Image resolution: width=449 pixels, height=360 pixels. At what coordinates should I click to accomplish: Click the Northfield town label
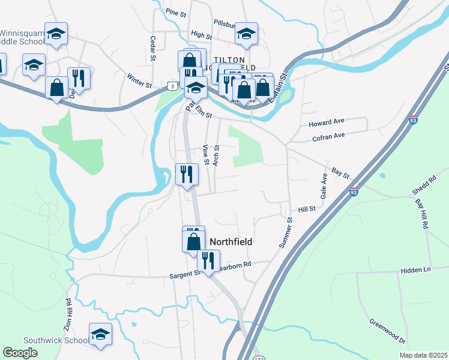(x=230, y=241)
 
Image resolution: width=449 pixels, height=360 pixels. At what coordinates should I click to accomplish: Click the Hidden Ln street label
(x=415, y=271)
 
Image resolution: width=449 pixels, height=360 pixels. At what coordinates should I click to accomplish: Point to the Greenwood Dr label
(x=388, y=331)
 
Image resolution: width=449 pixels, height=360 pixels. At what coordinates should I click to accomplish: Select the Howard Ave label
(x=327, y=124)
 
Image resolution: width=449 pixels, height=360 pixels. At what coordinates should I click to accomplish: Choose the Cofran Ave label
(x=328, y=137)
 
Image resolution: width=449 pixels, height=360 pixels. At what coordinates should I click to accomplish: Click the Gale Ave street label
(x=324, y=186)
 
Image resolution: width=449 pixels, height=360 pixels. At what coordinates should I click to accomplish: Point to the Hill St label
(x=307, y=210)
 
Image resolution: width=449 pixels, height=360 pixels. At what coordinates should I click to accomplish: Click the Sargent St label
(x=185, y=274)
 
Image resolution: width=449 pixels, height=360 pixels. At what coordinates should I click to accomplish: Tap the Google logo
(x=20, y=353)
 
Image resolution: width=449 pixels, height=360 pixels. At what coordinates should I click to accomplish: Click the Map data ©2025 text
(x=423, y=355)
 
